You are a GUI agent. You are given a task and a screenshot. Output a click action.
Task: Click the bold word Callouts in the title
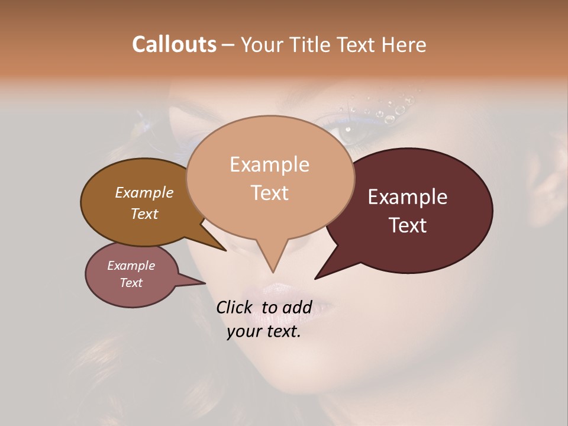(174, 44)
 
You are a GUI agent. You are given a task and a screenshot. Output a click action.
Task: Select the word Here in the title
(404, 44)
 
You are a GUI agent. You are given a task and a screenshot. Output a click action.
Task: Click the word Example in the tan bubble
(269, 164)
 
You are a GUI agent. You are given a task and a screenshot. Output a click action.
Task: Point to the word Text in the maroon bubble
(408, 225)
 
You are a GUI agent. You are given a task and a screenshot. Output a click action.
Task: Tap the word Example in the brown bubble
(144, 193)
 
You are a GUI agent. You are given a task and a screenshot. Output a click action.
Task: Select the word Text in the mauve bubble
(131, 283)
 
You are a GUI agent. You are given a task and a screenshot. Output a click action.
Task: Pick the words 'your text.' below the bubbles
(264, 331)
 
